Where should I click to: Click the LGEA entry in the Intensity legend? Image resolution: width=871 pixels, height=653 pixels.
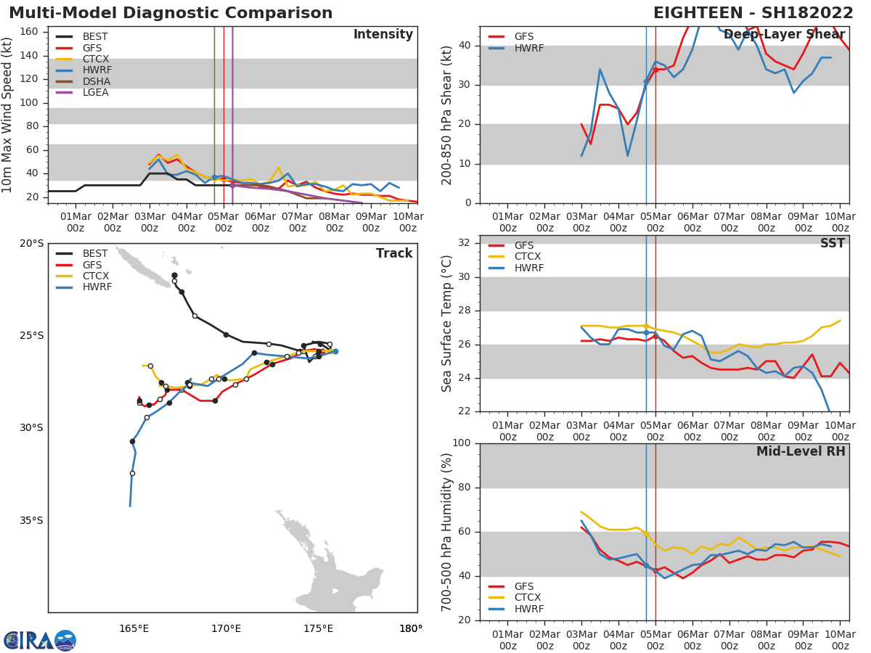coord(95,92)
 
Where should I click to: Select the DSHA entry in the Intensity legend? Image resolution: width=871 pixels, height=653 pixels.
coord(96,81)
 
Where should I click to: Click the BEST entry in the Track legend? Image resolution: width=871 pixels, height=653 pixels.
coord(95,254)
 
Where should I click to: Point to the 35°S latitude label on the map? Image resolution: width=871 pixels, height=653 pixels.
coord(31,520)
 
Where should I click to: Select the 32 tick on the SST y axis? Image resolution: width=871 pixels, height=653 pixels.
coord(466,243)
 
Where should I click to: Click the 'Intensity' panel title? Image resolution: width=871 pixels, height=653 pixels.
coord(383,35)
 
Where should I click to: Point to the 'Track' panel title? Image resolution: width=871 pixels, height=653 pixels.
coord(394,254)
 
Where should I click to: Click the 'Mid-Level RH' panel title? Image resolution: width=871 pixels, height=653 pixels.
coord(801,452)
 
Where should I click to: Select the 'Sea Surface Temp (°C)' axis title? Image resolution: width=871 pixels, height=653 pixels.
coord(447,324)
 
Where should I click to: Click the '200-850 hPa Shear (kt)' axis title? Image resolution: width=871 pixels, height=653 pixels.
coord(447,115)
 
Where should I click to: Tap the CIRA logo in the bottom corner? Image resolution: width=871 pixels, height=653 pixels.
coord(40,641)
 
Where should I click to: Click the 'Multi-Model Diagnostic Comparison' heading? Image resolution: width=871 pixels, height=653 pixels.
coord(171,13)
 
